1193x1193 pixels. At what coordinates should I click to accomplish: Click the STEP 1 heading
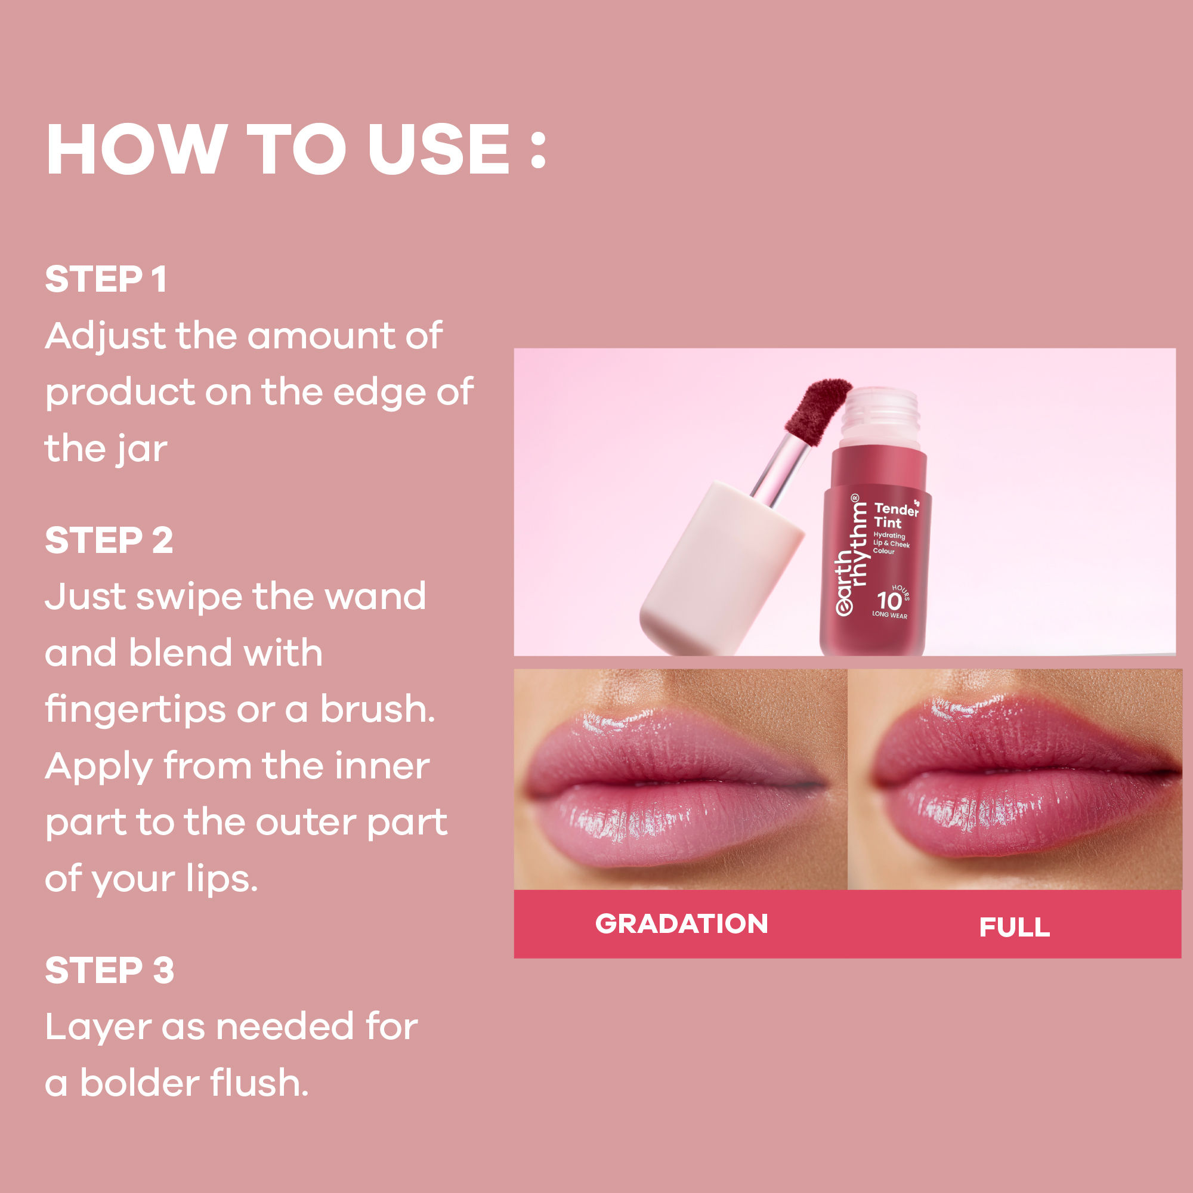click(106, 279)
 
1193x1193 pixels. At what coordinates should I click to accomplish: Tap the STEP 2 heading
click(109, 540)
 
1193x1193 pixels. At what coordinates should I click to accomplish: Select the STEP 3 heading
click(109, 970)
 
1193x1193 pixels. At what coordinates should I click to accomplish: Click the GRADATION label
click(681, 924)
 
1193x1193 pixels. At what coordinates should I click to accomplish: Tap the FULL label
click(1014, 927)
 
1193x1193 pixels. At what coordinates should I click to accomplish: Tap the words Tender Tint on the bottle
click(895, 515)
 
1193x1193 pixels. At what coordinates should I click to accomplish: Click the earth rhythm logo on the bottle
click(852, 556)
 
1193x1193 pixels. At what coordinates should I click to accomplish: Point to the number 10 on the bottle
click(889, 600)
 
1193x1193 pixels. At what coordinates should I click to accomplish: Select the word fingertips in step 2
click(135, 710)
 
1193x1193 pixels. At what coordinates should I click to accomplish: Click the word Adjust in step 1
click(106, 337)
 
